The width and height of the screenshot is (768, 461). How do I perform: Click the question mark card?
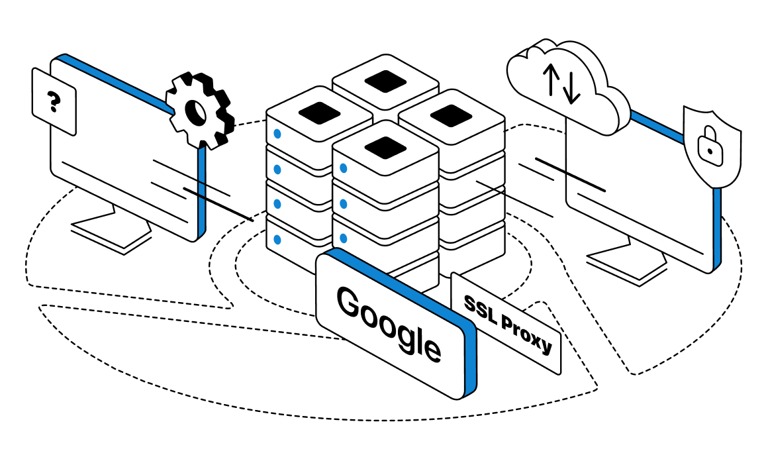tap(54, 103)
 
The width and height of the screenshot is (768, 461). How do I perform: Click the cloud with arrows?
tap(567, 86)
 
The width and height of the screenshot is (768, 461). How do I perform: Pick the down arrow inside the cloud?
tap(571, 88)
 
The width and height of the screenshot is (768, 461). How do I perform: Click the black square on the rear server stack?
tap(385, 80)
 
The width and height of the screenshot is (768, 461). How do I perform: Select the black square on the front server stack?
tap(385, 146)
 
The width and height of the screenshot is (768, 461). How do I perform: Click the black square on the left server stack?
tap(318, 112)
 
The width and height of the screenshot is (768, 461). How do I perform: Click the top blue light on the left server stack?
tap(277, 134)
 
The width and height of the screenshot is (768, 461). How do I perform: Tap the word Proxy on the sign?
tap(527, 334)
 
